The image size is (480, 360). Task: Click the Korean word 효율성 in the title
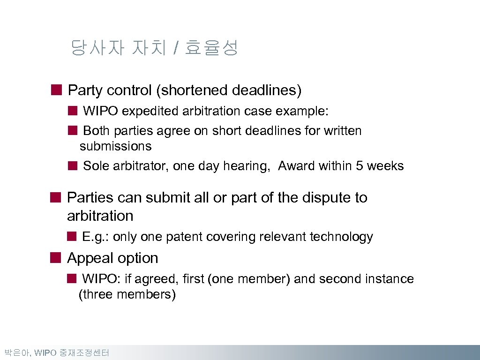pyautogui.click(x=212, y=48)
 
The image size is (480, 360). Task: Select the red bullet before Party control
pyautogui.click(x=56, y=90)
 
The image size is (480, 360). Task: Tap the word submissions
pyautogui.click(x=116, y=146)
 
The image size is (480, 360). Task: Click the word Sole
pyautogui.click(x=96, y=166)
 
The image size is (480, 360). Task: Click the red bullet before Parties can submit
pyautogui.click(x=56, y=197)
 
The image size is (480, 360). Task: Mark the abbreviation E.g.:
pyautogui.click(x=95, y=237)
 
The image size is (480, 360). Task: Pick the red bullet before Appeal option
pyautogui.click(x=56, y=258)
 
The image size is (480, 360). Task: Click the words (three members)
pyautogui.click(x=127, y=295)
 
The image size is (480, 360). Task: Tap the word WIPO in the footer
pyautogui.click(x=45, y=353)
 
